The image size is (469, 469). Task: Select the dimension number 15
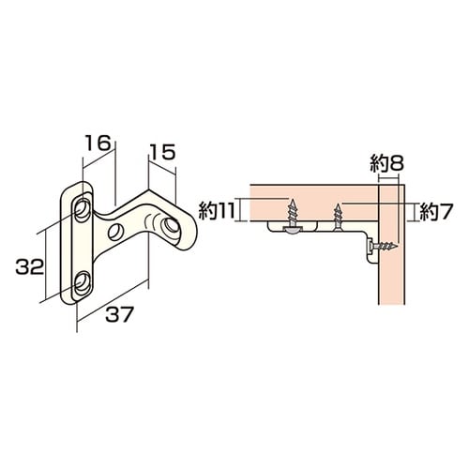161,150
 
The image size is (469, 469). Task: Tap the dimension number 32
30,266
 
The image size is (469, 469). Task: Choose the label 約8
386,165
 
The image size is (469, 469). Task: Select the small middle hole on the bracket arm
116,232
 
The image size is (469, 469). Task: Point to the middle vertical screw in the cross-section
338,217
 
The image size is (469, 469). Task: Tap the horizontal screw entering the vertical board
385,247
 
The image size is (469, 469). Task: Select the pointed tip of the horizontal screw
400,247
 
